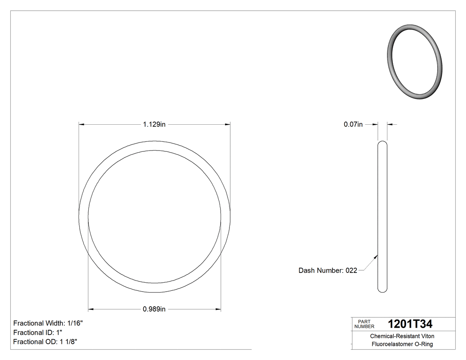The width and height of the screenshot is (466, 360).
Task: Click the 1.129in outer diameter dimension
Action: [154, 125]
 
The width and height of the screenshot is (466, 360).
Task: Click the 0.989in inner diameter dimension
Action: [154, 309]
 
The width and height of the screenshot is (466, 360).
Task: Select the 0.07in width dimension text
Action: [353, 125]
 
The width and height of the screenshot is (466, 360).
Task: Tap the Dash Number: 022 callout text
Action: [328, 270]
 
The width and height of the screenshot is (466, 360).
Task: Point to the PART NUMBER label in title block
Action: [364, 324]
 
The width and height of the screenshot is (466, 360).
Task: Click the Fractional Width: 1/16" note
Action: [48, 323]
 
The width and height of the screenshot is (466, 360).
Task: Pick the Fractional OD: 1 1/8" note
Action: [46, 342]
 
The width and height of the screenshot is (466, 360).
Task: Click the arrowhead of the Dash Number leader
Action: [376, 256]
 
